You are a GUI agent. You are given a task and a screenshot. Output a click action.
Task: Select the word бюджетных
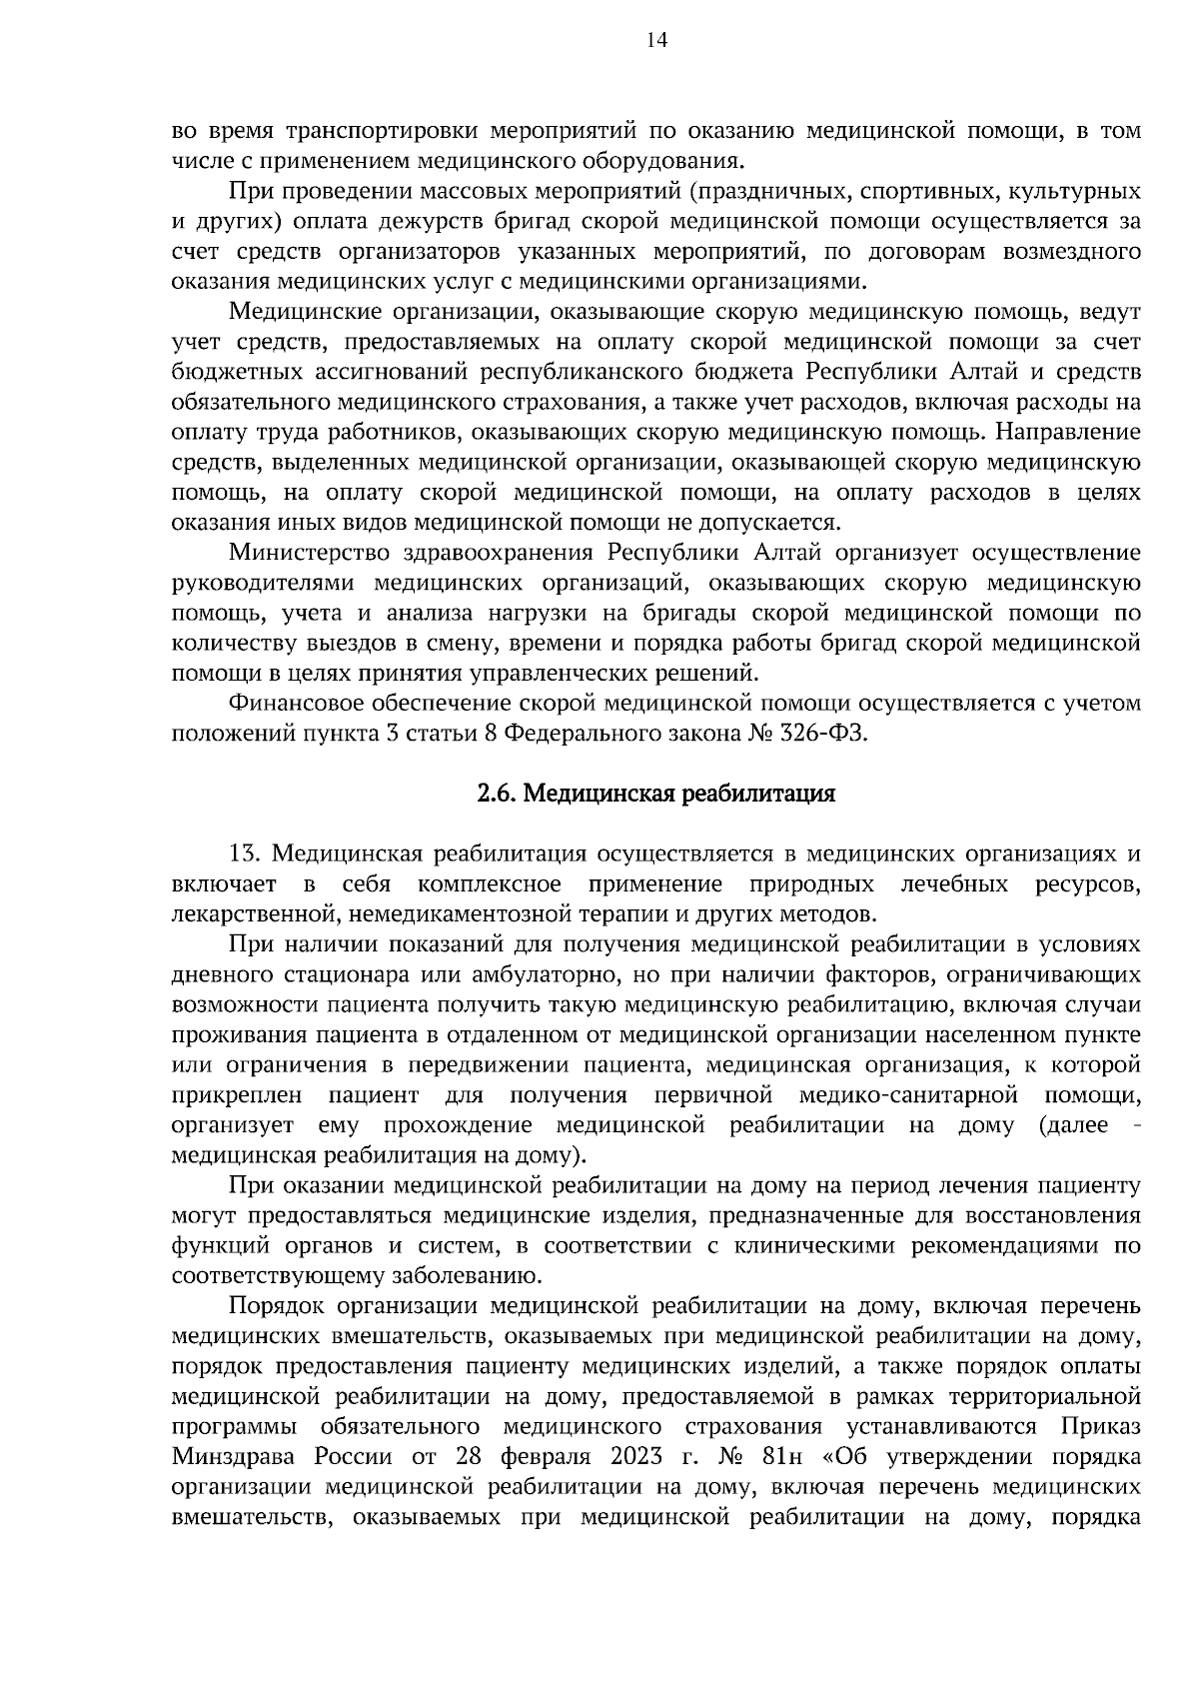pyautogui.click(x=239, y=373)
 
